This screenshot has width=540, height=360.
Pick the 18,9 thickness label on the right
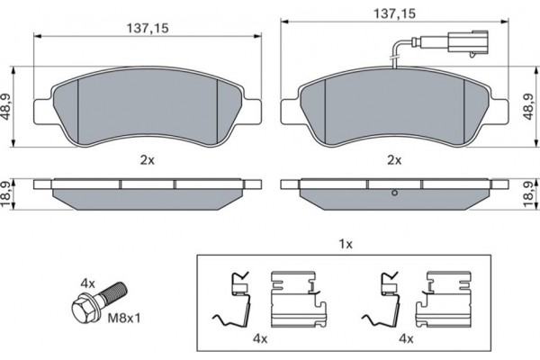point(532,192)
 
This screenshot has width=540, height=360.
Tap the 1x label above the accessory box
point(345,243)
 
